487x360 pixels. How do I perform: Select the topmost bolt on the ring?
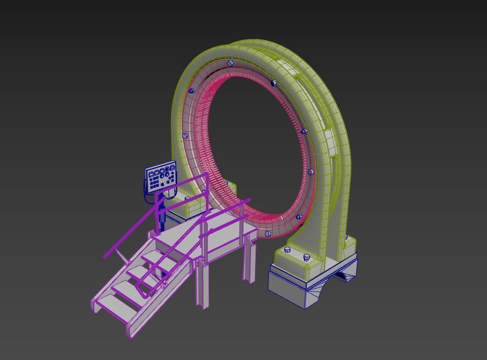click(230, 63)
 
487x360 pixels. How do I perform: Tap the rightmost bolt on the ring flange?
click(311, 172)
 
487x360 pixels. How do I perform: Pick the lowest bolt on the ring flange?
click(268, 234)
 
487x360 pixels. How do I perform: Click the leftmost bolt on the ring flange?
click(185, 136)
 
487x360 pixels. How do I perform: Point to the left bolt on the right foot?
click(287, 249)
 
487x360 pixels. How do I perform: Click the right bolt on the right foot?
click(306, 257)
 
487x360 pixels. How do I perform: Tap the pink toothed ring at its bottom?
click(279, 220)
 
